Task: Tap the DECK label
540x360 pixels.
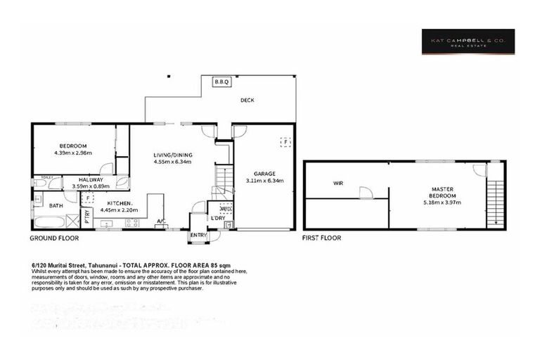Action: click(x=247, y=101)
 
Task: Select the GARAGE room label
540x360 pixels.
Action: click(x=264, y=173)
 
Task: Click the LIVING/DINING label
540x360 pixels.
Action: click(x=173, y=155)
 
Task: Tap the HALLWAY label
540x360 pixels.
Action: click(x=91, y=180)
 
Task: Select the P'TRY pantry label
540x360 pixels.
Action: click(x=87, y=217)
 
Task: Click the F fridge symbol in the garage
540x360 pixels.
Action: click(x=285, y=141)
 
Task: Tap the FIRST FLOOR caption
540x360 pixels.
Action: click(x=321, y=238)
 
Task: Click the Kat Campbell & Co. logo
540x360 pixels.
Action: click(x=468, y=41)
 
